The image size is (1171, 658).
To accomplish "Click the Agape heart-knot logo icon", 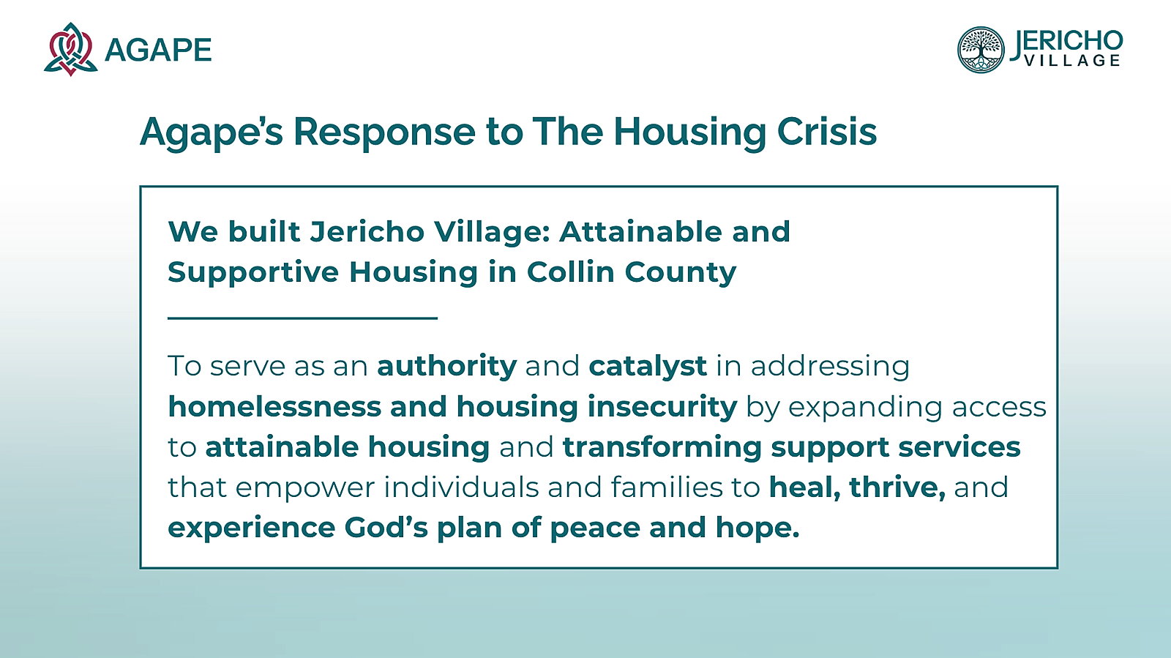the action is (70, 49).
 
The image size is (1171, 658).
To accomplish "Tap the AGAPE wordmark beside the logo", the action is (158, 51).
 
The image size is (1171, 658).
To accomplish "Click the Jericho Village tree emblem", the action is (981, 50).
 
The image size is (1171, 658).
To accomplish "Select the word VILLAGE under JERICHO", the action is (1072, 61).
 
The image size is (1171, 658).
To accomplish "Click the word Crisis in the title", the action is (827, 131).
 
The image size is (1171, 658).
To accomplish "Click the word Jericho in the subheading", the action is (367, 231).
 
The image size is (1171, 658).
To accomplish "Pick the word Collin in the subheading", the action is (570, 272).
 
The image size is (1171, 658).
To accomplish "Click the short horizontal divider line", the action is (302, 318).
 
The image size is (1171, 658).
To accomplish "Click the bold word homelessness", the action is (274, 407).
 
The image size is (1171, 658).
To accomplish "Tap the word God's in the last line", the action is (386, 527).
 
